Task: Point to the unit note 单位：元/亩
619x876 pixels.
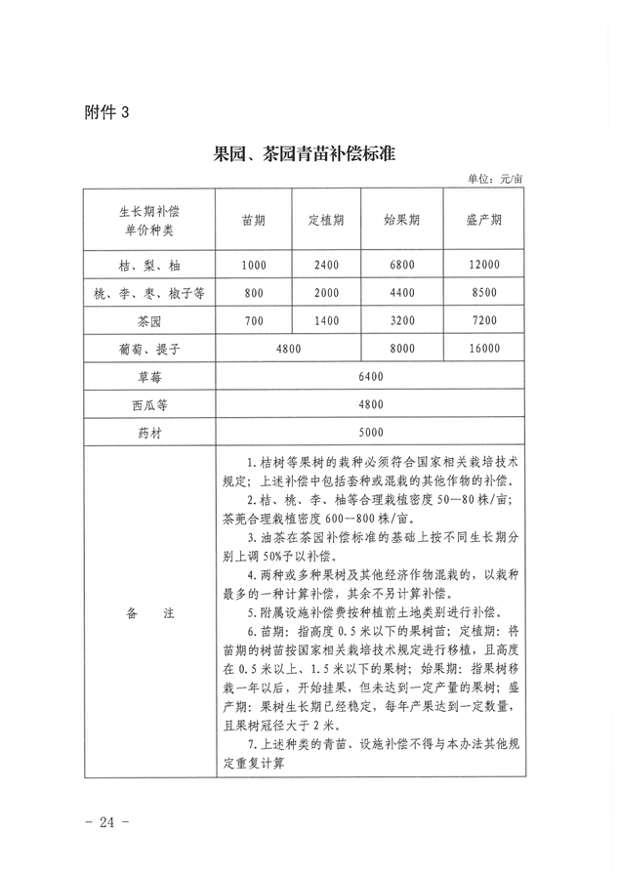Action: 495,178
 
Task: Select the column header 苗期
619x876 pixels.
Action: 254,220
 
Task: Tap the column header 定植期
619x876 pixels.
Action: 326,220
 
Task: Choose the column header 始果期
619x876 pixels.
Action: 401,220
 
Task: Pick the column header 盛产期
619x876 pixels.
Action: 483,220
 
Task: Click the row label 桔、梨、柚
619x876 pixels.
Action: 149,265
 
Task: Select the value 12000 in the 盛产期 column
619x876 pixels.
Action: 483,265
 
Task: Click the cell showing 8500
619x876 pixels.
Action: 483,292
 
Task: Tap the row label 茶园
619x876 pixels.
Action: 149,319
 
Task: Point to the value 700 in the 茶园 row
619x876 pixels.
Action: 254,319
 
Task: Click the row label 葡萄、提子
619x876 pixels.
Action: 149,348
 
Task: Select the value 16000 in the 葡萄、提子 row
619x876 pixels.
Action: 483,348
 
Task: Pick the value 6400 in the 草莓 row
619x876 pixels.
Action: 371,376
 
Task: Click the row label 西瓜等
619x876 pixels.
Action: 149,403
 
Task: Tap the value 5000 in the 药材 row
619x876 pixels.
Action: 371,432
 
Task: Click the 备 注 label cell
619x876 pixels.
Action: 149,612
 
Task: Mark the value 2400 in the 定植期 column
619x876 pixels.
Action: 326,265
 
